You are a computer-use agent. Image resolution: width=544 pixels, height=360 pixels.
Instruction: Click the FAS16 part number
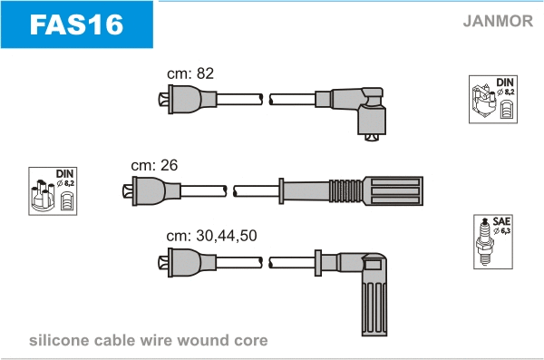coord(76,24)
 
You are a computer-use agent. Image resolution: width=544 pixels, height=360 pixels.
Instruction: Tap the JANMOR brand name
coord(498,21)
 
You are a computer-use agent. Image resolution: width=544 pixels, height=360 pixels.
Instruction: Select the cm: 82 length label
coord(190,73)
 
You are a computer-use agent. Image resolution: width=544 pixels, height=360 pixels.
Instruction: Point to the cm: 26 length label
coord(154,165)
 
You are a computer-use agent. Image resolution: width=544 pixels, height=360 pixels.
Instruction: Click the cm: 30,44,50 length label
coord(211,236)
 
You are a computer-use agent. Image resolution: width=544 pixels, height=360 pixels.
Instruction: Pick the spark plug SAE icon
coord(493,241)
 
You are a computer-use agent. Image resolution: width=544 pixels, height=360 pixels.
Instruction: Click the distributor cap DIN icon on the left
coord(53,191)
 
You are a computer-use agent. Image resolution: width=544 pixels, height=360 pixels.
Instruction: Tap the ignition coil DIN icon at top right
coord(493,99)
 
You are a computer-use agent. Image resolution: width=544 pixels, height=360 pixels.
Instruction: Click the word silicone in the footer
coord(59,340)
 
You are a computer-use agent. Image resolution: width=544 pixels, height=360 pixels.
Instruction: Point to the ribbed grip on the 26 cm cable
coord(346,191)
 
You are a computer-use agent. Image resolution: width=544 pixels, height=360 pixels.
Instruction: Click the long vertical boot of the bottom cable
coord(374,295)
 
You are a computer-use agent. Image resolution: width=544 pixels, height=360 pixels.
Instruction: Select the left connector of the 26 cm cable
coord(151,191)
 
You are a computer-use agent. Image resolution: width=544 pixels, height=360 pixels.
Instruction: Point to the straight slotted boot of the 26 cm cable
coord(393,191)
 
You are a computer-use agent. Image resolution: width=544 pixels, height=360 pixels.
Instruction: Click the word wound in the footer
coord(202,340)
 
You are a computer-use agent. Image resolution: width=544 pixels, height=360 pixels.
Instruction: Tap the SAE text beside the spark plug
coord(501,221)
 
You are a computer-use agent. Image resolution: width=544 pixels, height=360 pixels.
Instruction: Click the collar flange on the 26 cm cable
coord(281,191)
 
